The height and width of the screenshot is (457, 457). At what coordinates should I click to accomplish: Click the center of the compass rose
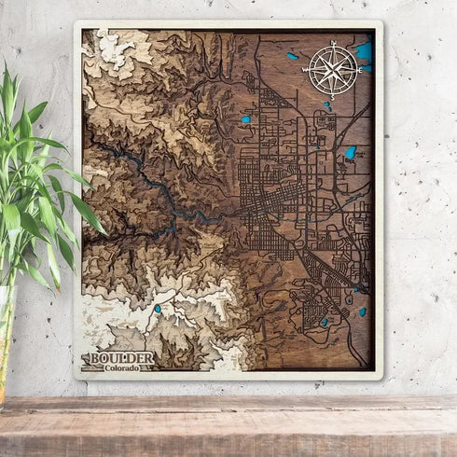pos(333,68)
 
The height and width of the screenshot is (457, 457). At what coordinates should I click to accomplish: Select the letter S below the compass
pos(333,94)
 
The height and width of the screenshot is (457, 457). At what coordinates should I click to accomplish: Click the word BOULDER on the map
pos(118,357)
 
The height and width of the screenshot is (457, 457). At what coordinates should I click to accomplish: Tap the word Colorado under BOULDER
pos(122,368)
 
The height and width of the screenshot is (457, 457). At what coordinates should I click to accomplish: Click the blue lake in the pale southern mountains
pos(158,309)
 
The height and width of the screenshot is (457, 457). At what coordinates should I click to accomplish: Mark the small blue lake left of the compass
pos(293,56)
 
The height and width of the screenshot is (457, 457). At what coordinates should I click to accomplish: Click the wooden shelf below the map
pos(228,424)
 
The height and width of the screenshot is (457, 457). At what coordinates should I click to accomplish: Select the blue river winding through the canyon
pos(159,191)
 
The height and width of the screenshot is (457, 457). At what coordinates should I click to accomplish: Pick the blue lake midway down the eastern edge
pos(351,152)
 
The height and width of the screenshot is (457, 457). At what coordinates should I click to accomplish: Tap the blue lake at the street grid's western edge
pos(246,119)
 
